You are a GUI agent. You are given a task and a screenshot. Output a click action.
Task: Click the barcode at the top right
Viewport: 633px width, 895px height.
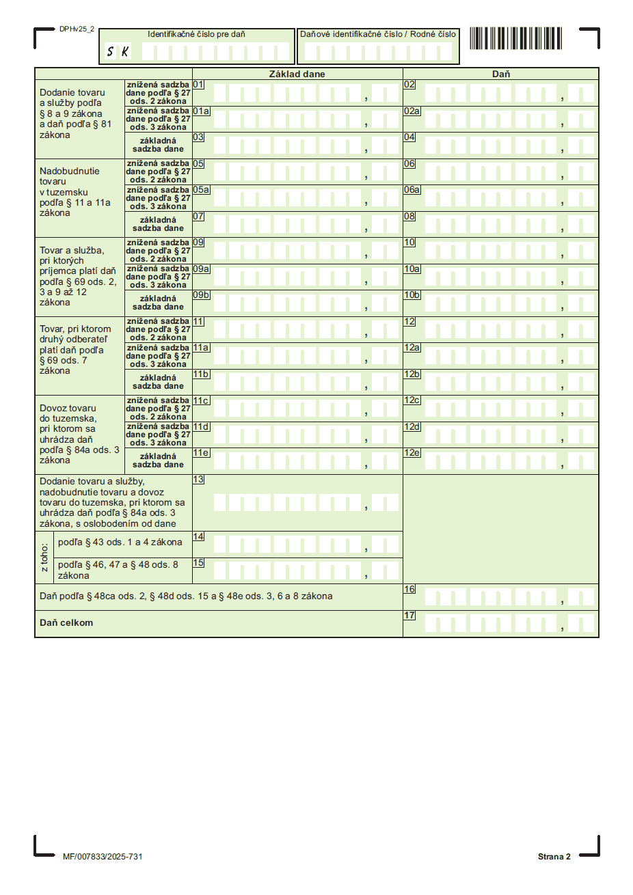pyautogui.click(x=515, y=38)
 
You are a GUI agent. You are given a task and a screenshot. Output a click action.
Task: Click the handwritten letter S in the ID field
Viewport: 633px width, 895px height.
pyautogui.click(x=111, y=51)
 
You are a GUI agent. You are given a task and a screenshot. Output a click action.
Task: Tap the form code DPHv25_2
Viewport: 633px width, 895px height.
pyautogui.click(x=77, y=29)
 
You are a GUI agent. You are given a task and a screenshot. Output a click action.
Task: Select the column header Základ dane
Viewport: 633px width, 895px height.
pyautogui.click(x=297, y=74)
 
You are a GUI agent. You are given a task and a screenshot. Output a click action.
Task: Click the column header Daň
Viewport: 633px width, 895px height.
pyautogui.click(x=500, y=74)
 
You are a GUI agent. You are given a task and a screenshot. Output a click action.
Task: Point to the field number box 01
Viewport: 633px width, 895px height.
pyautogui.click(x=198, y=85)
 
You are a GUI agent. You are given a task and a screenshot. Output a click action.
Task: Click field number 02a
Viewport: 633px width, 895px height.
pyautogui.click(x=412, y=111)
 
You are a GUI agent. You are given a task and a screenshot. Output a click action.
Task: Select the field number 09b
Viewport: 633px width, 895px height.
pyautogui.click(x=201, y=295)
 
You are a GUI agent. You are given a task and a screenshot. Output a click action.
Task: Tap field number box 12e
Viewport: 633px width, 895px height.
pyautogui.click(x=412, y=453)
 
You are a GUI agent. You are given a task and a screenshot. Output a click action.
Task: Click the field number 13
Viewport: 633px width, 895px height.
pyautogui.click(x=198, y=480)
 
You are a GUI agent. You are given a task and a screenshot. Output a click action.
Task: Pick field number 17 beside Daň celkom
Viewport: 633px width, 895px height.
pyautogui.click(x=409, y=616)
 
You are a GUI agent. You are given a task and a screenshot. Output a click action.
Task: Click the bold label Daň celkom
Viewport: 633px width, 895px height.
pyautogui.click(x=66, y=623)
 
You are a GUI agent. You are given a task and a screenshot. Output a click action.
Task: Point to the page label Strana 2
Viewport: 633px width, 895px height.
pyautogui.click(x=554, y=857)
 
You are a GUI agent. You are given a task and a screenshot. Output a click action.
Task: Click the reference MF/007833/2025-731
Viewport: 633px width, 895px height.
pyautogui.click(x=103, y=857)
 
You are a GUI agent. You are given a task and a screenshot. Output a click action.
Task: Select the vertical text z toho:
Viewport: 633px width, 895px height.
pyautogui.click(x=44, y=557)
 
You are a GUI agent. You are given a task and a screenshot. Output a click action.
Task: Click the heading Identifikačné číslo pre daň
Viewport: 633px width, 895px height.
pyautogui.click(x=196, y=34)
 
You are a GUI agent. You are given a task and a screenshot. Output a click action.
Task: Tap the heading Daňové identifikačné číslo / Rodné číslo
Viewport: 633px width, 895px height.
pyautogui.click(x=378, y=34)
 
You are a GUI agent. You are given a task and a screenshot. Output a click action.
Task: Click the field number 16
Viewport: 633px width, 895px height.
pyautogui.click(x=409, y=589)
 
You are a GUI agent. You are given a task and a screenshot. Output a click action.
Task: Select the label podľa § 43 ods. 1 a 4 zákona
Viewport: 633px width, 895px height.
pyautogui.click(x=120, y=542)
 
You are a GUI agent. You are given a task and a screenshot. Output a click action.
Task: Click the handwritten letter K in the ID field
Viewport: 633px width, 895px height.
pyautogui.click(x=125, y=51)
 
